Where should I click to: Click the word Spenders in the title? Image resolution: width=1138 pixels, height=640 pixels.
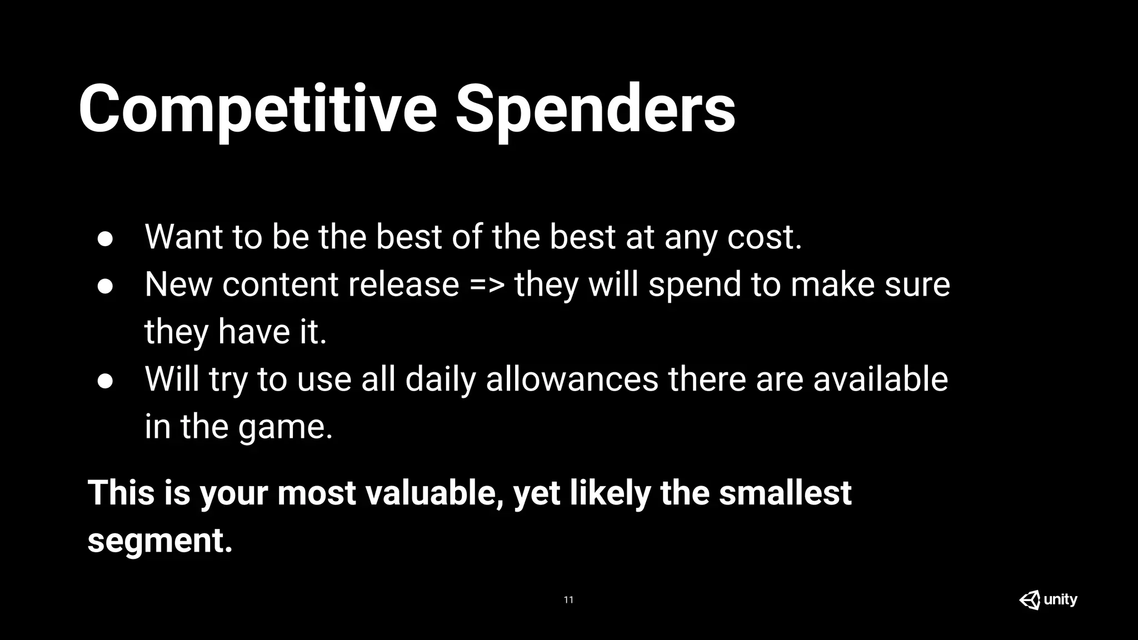pos(595,109)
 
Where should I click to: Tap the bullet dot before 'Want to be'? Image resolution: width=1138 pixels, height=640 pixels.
pos(105,238)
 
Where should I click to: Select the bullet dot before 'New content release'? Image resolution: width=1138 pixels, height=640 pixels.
pos(105,286)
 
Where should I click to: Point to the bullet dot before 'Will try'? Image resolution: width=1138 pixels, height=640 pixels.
pos(105,381)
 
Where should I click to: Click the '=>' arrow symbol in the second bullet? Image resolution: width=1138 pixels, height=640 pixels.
pos(487,285)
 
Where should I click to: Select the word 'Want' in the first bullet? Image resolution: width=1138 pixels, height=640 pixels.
pos(184,237)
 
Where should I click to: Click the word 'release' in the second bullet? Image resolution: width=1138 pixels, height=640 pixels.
pos(403,285)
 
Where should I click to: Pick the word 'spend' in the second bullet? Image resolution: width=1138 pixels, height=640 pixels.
pos(695,285)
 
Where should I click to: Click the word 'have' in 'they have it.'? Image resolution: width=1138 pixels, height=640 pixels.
pos(254,332)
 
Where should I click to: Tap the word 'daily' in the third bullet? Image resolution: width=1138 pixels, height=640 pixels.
pos(440,379)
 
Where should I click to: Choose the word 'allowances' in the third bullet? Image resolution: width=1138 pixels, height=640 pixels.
pos(572,379)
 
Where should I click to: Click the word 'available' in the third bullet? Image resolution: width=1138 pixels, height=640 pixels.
pos(880,379)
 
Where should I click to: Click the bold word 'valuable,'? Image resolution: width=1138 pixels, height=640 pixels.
pos(434,493)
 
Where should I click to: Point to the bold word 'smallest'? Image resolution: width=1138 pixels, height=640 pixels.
pos(785,493)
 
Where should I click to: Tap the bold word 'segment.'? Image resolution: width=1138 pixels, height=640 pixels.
pos(160,541)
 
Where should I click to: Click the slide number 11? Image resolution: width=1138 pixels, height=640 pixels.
pos(568,600)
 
